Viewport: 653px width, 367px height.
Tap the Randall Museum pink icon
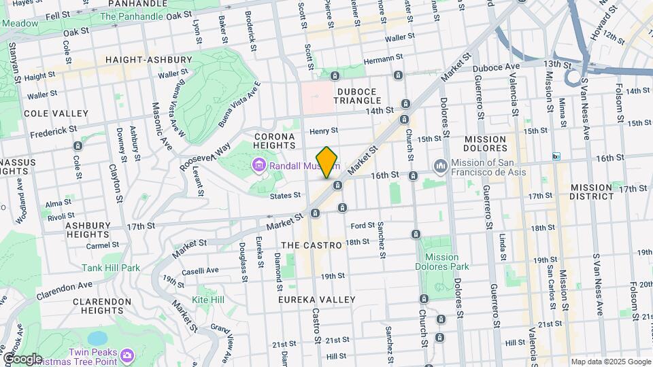pos(258,165)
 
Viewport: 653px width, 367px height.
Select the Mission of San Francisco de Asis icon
pos(439,166)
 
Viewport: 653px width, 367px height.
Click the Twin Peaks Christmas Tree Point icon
pos(127,355)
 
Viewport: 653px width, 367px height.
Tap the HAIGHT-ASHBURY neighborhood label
pos(142,60)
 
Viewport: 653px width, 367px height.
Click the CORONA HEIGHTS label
pos(275,141)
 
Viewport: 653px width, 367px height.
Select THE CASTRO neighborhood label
pos(305,243)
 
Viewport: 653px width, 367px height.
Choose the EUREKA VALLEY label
pos(316,299)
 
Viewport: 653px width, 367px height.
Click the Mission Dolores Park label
pos(446,262)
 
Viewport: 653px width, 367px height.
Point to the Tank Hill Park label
pos(111,268)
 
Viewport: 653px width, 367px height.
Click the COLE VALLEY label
pos(56,113)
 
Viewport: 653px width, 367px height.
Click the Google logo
pos(22,359)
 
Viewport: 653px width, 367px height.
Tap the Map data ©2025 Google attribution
pos(610,362)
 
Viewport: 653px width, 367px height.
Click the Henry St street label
pos(323,131)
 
